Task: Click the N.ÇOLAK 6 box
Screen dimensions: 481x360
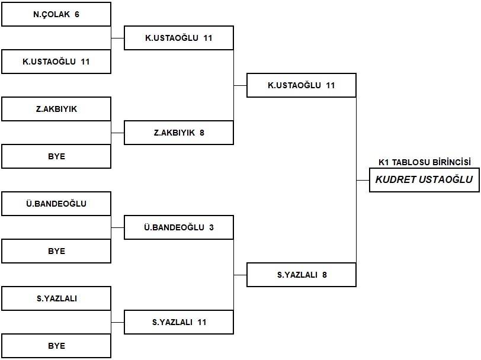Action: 56,14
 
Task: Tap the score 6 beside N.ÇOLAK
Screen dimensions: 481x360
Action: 77,14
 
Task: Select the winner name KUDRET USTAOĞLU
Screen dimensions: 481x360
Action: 424,179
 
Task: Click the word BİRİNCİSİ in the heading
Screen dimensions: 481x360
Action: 451,162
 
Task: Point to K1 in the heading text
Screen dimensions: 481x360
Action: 384,162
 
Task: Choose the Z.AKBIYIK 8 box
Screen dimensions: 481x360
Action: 179,133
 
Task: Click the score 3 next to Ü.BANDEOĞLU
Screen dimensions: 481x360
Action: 211,227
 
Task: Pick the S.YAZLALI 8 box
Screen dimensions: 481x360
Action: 302,275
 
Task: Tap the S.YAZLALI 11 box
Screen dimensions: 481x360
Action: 179,322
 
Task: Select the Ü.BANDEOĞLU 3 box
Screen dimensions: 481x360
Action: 179,227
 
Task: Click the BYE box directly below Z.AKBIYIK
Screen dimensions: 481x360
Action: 56,156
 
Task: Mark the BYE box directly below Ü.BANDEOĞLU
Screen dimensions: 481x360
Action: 56,251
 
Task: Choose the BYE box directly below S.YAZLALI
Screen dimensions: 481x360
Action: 56,346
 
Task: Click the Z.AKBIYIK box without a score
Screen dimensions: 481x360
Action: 56,109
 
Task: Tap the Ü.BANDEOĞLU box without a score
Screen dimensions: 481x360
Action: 56,204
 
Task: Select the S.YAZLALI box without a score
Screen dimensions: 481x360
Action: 56,298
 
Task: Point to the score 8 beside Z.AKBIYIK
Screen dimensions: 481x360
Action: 202,133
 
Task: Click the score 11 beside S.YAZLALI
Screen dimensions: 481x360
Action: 202,322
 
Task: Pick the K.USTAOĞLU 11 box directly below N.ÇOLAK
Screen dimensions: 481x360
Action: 56,62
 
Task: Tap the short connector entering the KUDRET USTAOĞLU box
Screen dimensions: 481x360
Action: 363,181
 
